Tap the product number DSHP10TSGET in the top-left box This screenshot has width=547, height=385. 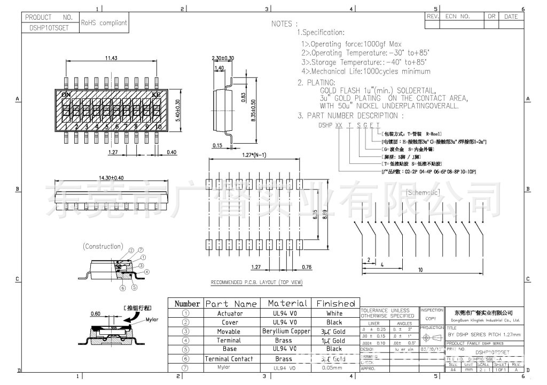click(x=46, y=28)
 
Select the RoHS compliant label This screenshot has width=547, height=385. click(x=104, y=23)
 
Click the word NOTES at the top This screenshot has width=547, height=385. click(x=282, y=24)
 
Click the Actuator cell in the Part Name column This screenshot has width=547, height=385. click(x=230, y=313)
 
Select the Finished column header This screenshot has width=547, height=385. click(x=335, y=303)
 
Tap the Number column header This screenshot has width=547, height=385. click(x=187, y=303)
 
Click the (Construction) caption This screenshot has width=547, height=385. click(x=103, y=246)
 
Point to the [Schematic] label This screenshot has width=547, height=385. click(x=423, y=192)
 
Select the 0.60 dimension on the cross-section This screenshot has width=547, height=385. click(x=96, y=313)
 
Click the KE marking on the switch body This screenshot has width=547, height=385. click(x=156, y=95)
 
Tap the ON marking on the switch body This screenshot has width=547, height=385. click(x=66, y=95)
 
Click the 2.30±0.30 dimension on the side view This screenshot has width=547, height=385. click(x=223, y=58)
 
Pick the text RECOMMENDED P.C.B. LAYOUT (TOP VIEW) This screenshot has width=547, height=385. click(x=256, y=282)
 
